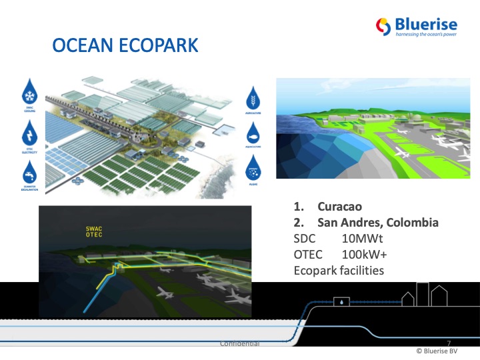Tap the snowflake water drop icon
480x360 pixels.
(29, 92)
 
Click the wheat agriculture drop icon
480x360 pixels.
(257, 97)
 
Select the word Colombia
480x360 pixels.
(411, 222)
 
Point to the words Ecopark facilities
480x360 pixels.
(339, 271)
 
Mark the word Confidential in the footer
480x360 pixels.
(239, 343)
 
